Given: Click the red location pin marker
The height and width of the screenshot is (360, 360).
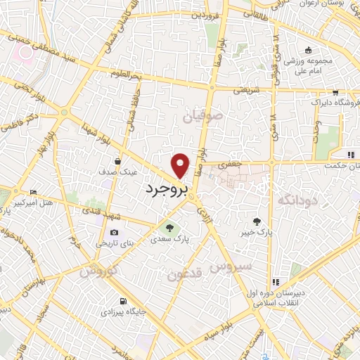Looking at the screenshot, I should pos(181,165).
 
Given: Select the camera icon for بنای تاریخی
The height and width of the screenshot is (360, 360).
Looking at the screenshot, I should pos(115,233).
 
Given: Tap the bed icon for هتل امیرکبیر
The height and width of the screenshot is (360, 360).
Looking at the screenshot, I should pos(34,193).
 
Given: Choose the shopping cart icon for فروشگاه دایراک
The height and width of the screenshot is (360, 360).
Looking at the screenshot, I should pos(336,91).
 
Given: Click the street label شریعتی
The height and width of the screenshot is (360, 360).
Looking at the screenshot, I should pos(250,90).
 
